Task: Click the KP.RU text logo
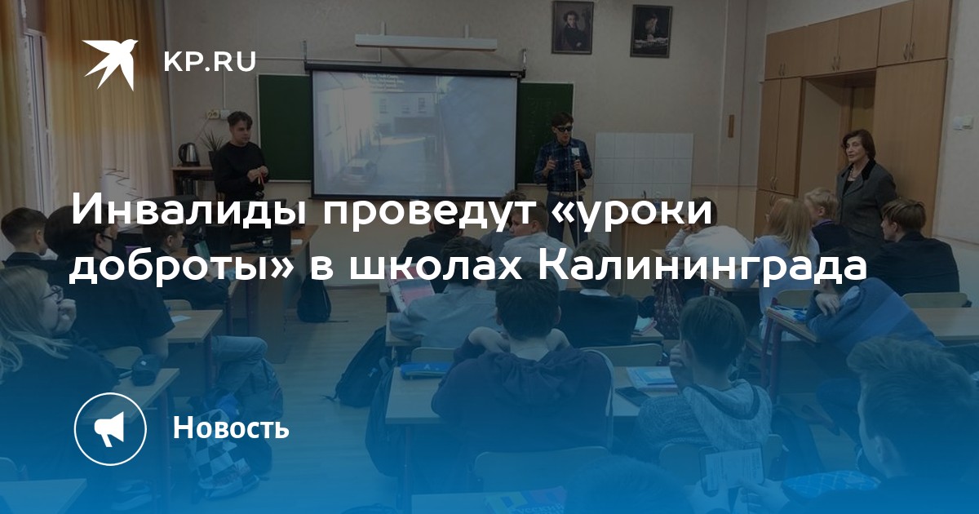[x=210, y=62]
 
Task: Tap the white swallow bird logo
[x=110, y=63]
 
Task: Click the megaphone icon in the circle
[x=110, y=428]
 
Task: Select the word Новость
[x=231, y=427]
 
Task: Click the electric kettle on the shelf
[x=188, y=154]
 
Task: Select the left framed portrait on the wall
[x=572, y=28]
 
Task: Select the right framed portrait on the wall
[x=651, y=32]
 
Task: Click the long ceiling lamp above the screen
[x=425, y=42]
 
